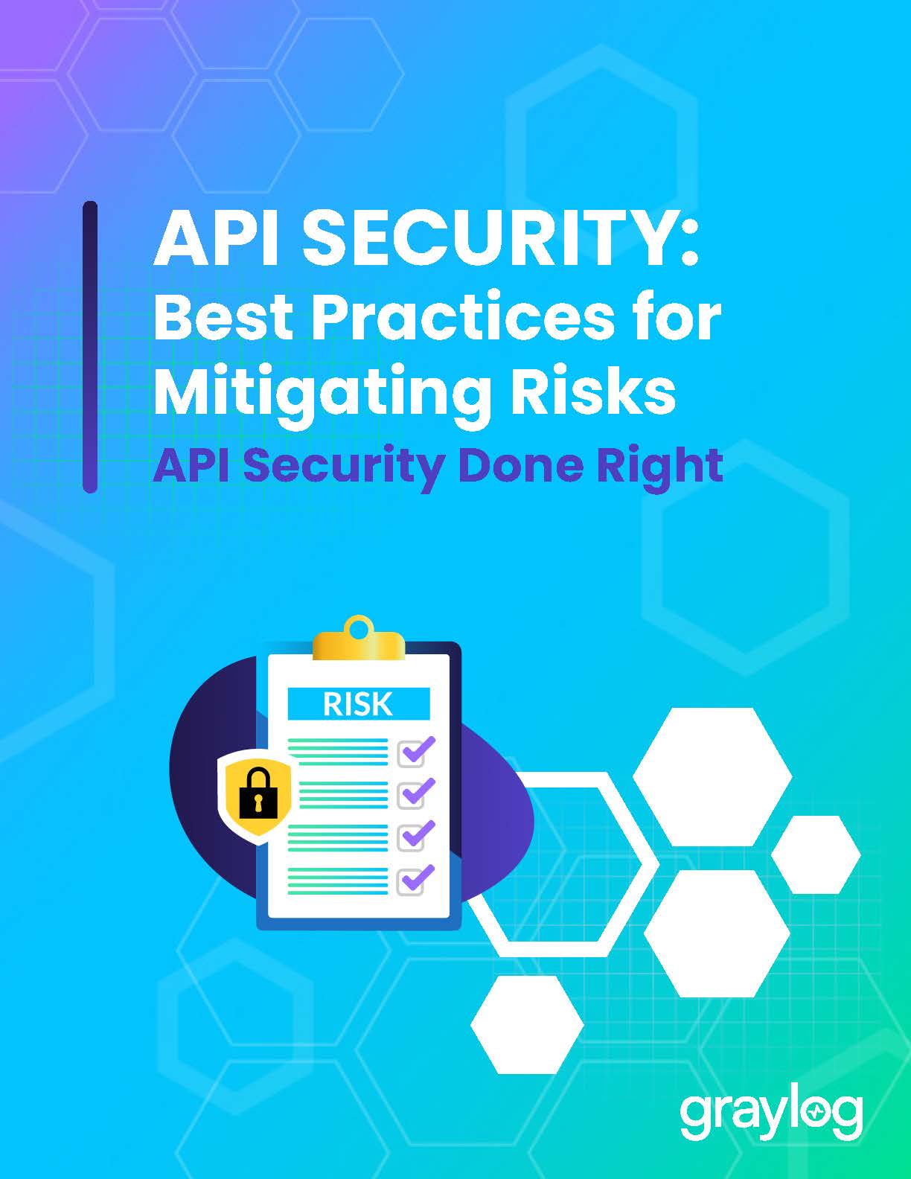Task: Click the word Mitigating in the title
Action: (322, 396)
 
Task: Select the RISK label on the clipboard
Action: (357, 704)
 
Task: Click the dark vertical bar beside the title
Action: (90, 348)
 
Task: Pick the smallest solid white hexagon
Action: (816, 854)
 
